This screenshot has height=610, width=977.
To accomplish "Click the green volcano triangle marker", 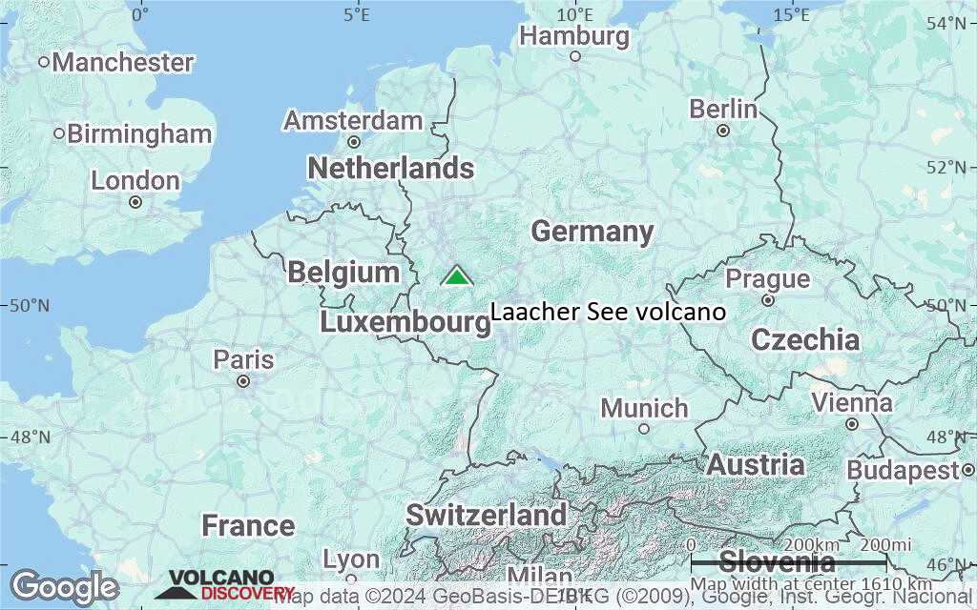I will click(x=457, y=276).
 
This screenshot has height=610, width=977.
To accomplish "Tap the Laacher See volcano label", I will click(x=608, y=313).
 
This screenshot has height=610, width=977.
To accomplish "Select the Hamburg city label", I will click(x=575, y=36).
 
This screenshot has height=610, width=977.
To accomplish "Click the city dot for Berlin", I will click(x=723, y=131).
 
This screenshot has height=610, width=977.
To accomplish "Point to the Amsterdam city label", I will click(x=353, y=121).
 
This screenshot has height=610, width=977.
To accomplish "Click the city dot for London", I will click(x=135, y=202).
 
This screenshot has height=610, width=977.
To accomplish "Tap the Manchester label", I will click(x=123, y=63).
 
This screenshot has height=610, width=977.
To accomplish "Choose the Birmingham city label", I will click(x=139, y=133).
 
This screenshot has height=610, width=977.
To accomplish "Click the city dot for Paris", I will click(x=243, y=381).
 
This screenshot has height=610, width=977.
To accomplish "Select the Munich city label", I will click(x=644, y=408).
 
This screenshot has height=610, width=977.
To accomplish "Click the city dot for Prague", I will click(x=768, y=300).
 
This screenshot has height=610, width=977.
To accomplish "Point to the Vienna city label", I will click(x=852, y=402).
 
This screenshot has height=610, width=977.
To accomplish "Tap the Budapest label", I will click(x=902, y=470).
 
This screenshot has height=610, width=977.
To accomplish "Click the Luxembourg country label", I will click(x=405, y=322).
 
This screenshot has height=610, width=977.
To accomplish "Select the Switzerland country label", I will click(x=487, y=515).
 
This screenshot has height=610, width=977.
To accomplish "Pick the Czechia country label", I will click(x=805, y=339).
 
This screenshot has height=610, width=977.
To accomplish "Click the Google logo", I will click(x=65, y=587).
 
